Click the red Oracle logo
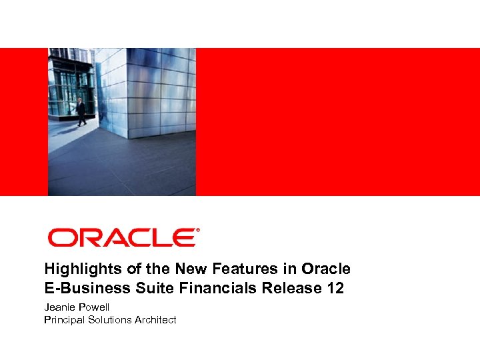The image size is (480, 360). tap(122, 238)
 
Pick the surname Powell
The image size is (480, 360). tap(94, 307)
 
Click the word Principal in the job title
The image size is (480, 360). tap(64, 320)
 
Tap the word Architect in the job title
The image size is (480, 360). tap(155, 320)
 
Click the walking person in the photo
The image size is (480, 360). tap(81, 112)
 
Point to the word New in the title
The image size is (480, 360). tap(191, 269)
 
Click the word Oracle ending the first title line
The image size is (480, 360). tap(326, 269)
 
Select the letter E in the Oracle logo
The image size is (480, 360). tap(183, 238)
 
